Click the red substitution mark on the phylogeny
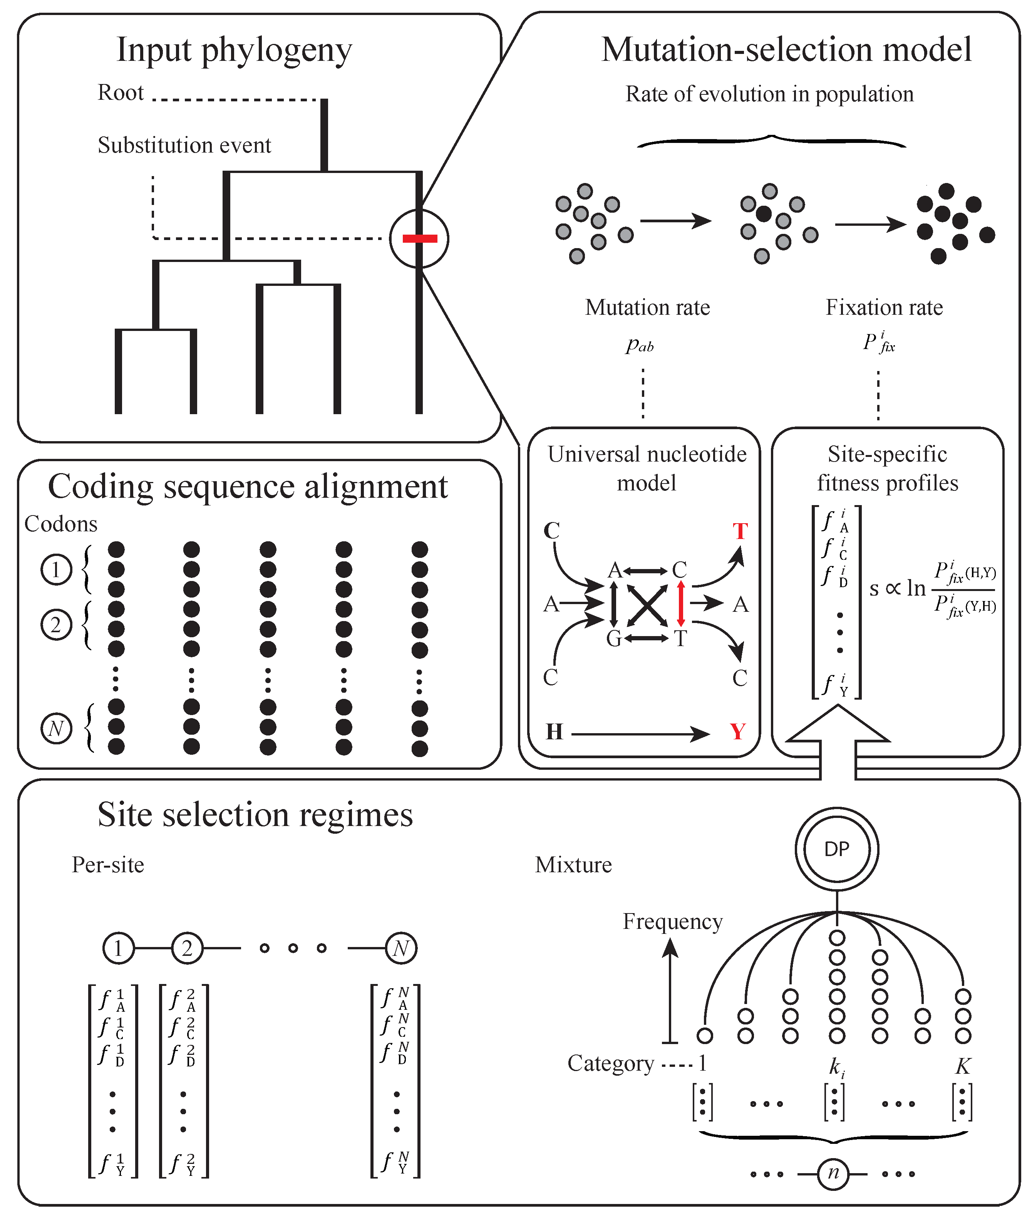point(419,238)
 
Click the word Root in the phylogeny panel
point(121,92)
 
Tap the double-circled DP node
point(837,849)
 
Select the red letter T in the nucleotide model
point(740,531)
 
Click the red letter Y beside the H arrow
point(738,732)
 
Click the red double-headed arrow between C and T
point(681,603)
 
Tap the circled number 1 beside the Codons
point(56,569)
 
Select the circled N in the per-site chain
point(401,948)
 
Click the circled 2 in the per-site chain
point(187,948)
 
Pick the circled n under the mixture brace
point(833,1174)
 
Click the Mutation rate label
point(647,307)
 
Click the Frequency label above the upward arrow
point(672,922)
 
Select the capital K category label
point(962,1066)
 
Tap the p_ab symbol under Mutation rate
point(640,345)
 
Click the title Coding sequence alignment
point(248,486)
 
